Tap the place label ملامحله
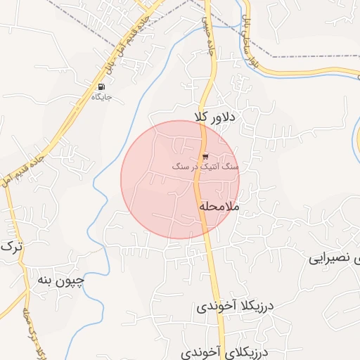[x=219, y=207]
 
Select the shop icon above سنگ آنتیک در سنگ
[x=205, y=156]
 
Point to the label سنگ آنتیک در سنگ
[x=205, y=167]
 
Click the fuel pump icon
[x=101, y=86]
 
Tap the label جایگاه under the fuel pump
[x=101, y=96]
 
